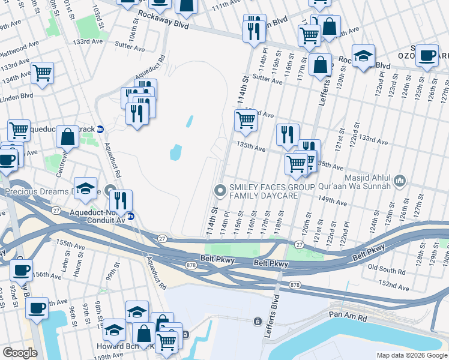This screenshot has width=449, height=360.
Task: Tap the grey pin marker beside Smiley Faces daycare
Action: (220, 191)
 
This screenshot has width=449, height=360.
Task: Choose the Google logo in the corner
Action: (19, 353)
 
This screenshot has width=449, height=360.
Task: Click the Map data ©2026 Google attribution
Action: (411, 355)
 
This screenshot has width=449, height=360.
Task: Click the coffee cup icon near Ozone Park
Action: (427, 56)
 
